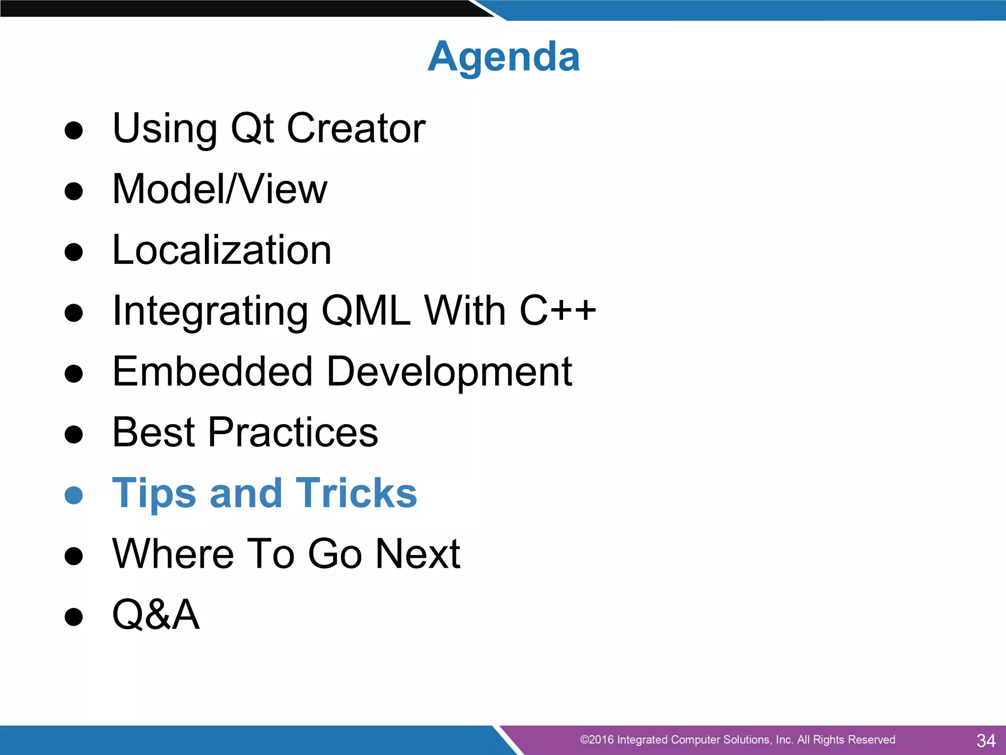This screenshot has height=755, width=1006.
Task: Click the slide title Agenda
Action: (503, 57)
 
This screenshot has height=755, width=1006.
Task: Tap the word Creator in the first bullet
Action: (356, 128)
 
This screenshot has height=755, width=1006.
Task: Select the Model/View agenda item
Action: (220, 189)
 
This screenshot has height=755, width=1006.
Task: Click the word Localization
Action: (222, 250)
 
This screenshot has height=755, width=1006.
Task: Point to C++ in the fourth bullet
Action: (558, 311)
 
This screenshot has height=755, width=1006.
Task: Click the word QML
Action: (366, 311)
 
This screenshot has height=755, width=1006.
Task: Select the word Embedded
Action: (212, 371)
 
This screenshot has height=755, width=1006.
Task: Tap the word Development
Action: (449, 372)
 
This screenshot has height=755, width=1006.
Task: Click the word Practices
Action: (293, 432)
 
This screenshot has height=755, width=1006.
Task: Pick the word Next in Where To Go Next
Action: (418, 554)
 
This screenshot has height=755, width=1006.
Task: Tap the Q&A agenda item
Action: (156, 614)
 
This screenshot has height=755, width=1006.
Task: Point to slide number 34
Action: (985, 740)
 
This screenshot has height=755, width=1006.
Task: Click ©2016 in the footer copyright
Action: (596, 740)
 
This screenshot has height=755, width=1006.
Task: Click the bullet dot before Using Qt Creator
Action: (74, 131)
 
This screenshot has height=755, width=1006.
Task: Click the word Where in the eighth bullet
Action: (172, 554)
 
